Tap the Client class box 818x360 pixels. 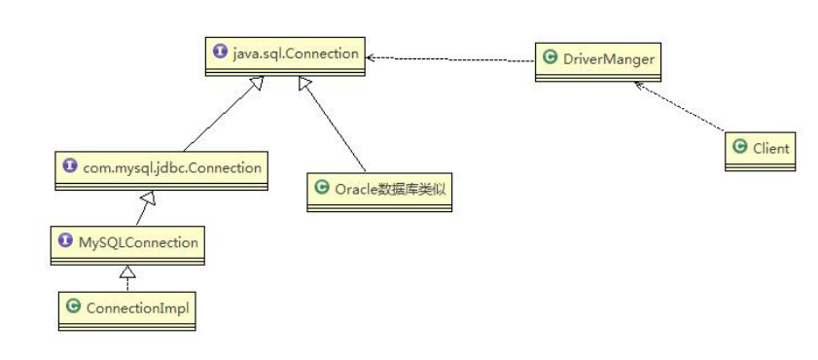pos(761,149)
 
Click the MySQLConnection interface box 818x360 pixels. pos(127,244)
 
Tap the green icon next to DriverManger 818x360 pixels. pos(549,58)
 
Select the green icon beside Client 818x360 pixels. pos(739,147)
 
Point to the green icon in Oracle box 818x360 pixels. pos(322,188)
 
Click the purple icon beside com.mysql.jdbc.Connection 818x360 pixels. pos(68,167)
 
